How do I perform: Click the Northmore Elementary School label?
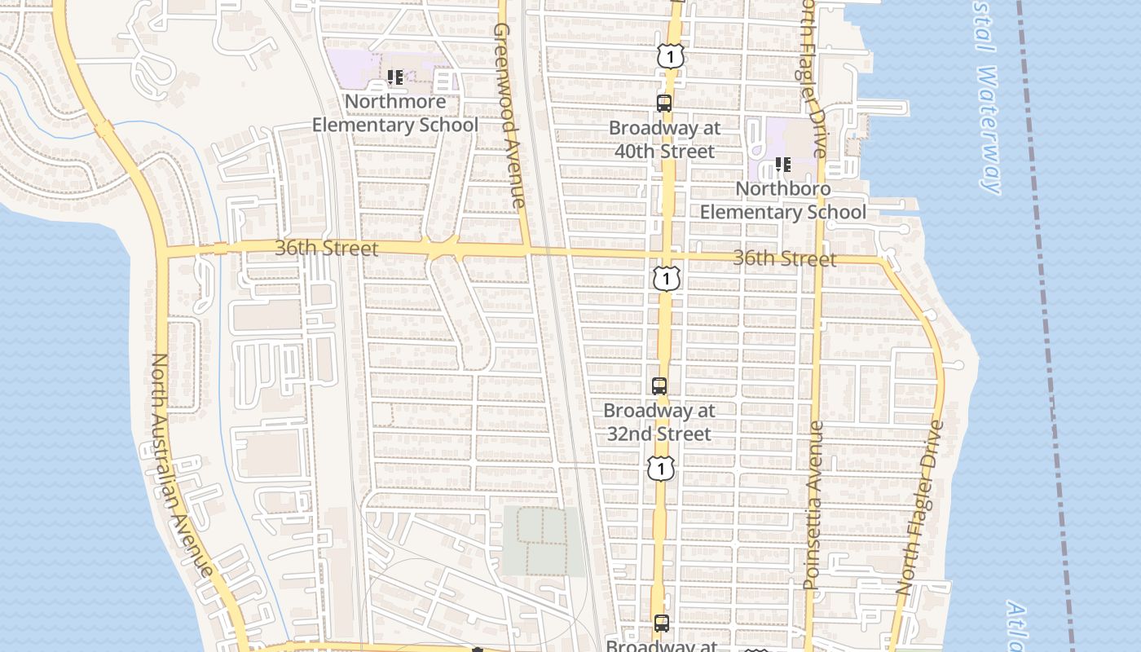[x=395, y=113]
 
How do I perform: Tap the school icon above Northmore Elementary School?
[x=395, y=77]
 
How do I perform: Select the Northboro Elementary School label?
[x=783, y=200]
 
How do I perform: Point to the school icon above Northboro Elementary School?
[x=783, y=165]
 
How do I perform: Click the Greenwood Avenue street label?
[x=509, y=114]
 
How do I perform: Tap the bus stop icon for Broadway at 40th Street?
[x=664, y=104]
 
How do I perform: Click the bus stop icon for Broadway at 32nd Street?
[x=659, y=386]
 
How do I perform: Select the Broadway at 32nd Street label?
[x=659, y=422]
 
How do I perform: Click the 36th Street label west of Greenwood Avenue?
[x=326, y=248]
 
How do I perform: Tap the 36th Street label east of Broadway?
[x=784, y=258]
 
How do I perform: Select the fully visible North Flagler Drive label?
[x=920, y=507]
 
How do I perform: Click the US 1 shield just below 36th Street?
[x=667, y=279]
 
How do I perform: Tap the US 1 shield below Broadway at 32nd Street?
[x=662, y=468]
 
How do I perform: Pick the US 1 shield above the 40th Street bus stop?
[x=670, y=56]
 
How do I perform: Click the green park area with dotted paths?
[x=542, y=540]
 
